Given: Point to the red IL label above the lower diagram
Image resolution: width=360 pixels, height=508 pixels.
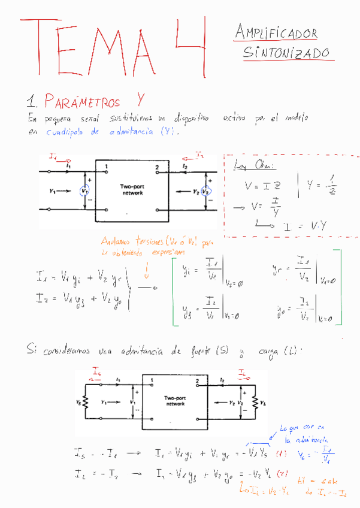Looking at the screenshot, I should [x=243, y=374].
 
